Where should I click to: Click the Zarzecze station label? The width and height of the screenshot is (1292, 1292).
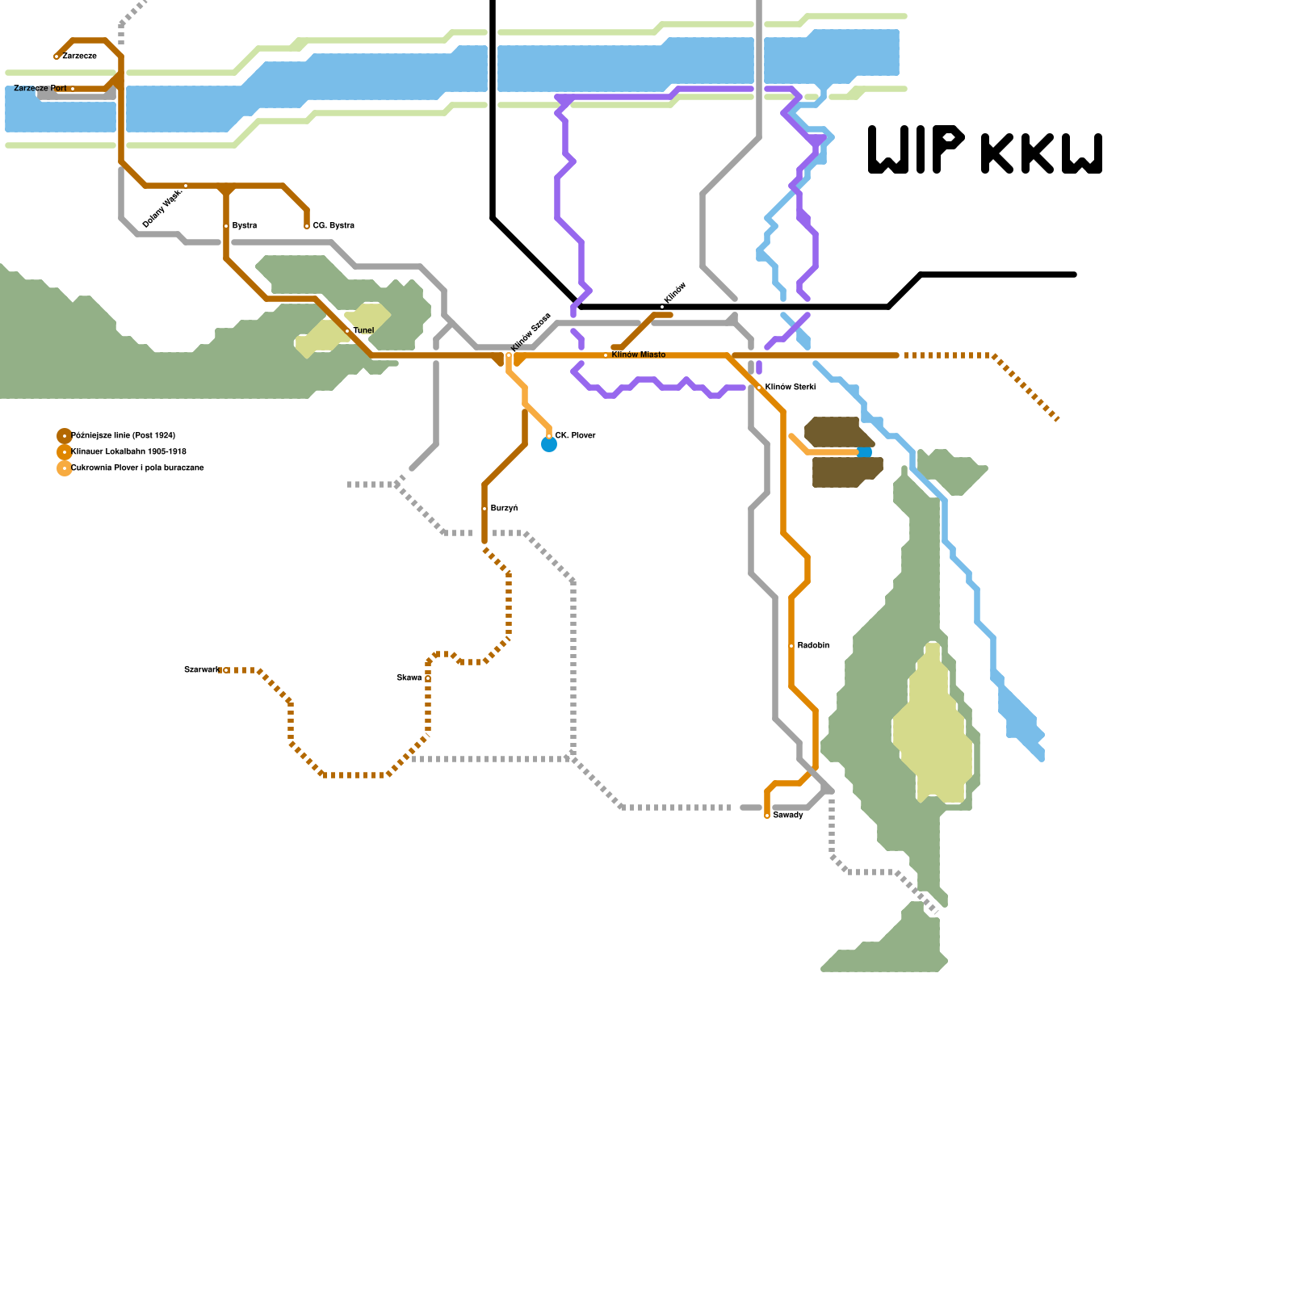coord(79,57)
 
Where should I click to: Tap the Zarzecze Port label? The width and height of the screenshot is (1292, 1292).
coord(40,88)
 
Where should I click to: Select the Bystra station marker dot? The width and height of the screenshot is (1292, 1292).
coord(226,226)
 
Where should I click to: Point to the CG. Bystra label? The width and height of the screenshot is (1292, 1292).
coord(333,226)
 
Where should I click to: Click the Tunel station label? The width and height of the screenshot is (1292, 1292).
coord(363,331)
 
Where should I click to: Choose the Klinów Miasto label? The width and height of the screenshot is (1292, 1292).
coord(638,355)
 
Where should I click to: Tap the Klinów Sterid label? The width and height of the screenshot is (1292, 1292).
coord(790,388)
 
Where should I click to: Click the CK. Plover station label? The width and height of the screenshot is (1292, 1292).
coord(575,436)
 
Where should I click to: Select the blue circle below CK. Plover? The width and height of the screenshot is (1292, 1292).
coord(549,445)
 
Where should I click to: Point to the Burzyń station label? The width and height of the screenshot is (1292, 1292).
coord(504,509)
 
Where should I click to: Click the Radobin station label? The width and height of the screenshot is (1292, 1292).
coord(813,646)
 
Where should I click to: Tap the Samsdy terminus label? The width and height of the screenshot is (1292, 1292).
coord(788,816)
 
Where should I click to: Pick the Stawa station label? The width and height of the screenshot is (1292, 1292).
coord(409,678)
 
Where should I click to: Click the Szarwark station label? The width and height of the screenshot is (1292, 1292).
coord(201,670)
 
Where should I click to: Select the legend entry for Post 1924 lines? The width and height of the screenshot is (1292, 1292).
coord(123,436)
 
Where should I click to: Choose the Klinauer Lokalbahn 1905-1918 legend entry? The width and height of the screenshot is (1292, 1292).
coord(128,452)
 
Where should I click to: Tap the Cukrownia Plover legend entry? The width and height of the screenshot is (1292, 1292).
coord(137,468)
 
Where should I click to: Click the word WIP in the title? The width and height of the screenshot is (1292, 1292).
coord(917,150)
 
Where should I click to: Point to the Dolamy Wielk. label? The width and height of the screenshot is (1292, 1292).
coord(162,208)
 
